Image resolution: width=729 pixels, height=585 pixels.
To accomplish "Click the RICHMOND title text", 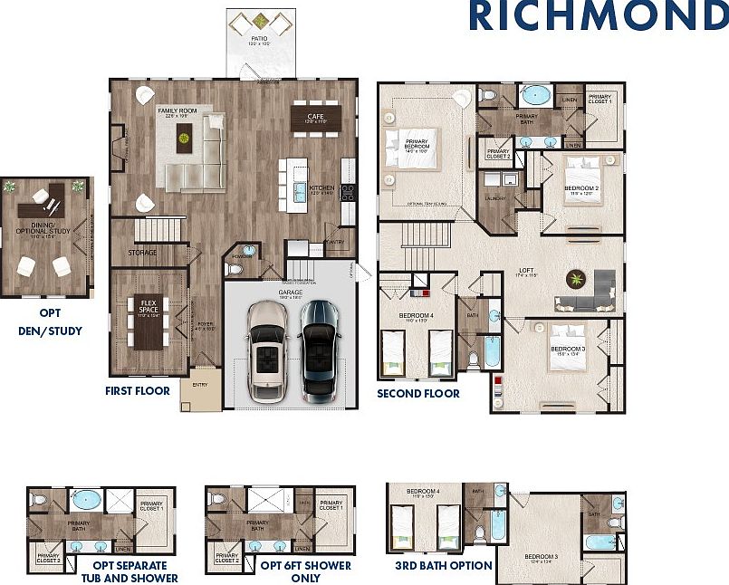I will coord(597,15).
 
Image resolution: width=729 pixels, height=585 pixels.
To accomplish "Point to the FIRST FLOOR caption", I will coord(137,391).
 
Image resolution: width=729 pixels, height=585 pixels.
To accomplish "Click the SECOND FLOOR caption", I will coord(418,394).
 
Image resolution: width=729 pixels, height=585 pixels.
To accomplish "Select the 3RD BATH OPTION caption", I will coord(444,565).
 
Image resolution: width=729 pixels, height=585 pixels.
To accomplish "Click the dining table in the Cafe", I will coord(316,118).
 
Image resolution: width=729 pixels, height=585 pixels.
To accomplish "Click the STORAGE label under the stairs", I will coord(142,253).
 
